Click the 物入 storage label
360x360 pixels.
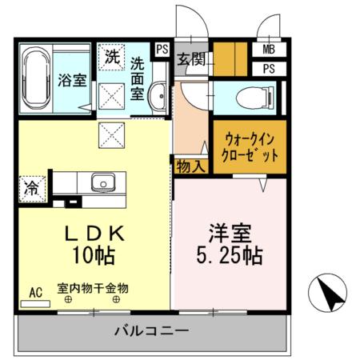point(190,166)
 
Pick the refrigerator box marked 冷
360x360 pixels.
point(31,189)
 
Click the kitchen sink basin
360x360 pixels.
point(103,183)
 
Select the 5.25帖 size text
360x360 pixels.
point(230,258)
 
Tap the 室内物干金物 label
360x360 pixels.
point(93,287)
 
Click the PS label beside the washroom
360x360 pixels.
point(162,50)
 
